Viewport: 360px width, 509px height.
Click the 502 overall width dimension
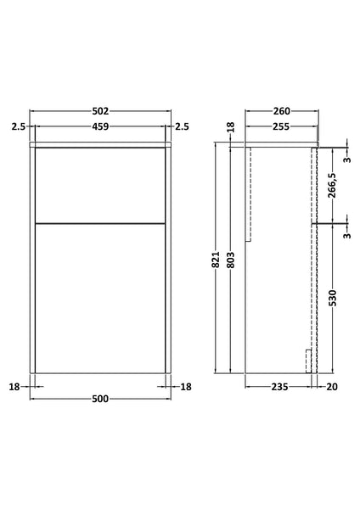tap(100, 111)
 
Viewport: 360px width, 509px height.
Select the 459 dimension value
tap(100, 127)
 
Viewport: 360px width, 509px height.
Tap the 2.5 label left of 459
tap(18, 127)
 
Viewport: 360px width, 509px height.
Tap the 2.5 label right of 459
tap(183, 127)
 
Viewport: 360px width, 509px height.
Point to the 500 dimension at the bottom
tap(100, 403)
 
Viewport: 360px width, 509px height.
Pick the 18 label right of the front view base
tap(186, 387)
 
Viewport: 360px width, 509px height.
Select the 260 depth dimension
tap(282, 111)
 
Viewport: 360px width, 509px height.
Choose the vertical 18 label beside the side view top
tap(229, 127)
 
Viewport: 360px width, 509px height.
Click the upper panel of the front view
tap(100, 184)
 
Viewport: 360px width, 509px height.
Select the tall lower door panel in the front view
tap(100, 297)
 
